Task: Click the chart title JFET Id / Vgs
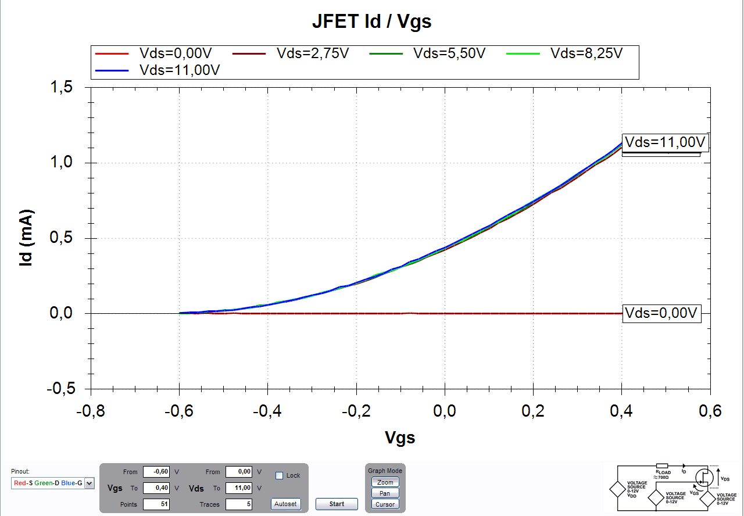[x=372, y=22]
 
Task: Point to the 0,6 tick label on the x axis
[x=710, y=411]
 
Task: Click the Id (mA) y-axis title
[x=26, y=238]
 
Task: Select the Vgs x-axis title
[x=400, y=438]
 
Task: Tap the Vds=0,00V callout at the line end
[x=660, y=313]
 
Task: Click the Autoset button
[x=286, y=504]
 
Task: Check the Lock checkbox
[x=279, y=475]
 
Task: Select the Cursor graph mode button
[x=385, y=504]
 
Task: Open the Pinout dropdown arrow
[x=89, y=483]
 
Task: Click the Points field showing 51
[x=156, y=504]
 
